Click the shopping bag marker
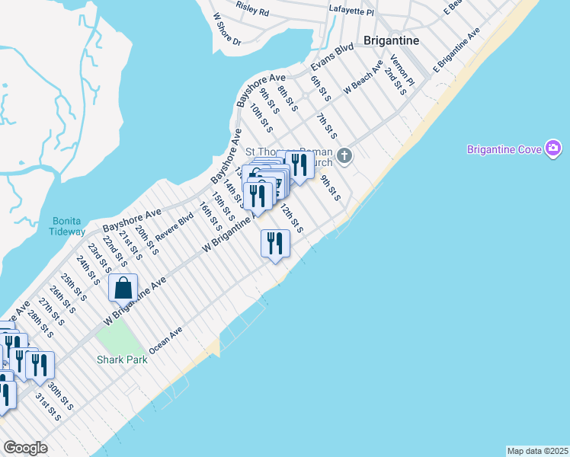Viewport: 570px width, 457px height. (123, 289)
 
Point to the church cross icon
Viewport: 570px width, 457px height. (344, 156)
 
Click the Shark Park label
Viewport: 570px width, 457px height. (121, 360)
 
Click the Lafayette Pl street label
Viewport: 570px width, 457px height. (351, 11)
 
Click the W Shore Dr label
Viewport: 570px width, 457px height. (227, 30)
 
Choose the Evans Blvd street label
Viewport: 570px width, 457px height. (332, 57)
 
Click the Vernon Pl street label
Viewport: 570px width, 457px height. (402, 70)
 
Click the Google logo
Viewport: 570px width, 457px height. (26, 448)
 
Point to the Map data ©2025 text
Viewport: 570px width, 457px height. (537, 450)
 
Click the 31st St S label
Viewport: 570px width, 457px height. (46, 407)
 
